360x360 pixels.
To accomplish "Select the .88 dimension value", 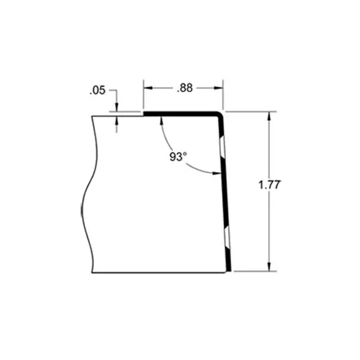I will pos(184,89).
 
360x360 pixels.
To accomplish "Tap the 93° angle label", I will pos(179,157).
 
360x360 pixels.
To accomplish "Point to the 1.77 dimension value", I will pos(269,185).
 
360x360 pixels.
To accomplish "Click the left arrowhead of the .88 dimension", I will pos(148,88).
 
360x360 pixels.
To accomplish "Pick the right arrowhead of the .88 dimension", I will pos(220,88).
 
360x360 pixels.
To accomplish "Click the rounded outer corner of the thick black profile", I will pos(220,114).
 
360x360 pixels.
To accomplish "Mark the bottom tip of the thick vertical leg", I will pos(230,271).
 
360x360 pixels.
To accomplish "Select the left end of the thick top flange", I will pos(144,113).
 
